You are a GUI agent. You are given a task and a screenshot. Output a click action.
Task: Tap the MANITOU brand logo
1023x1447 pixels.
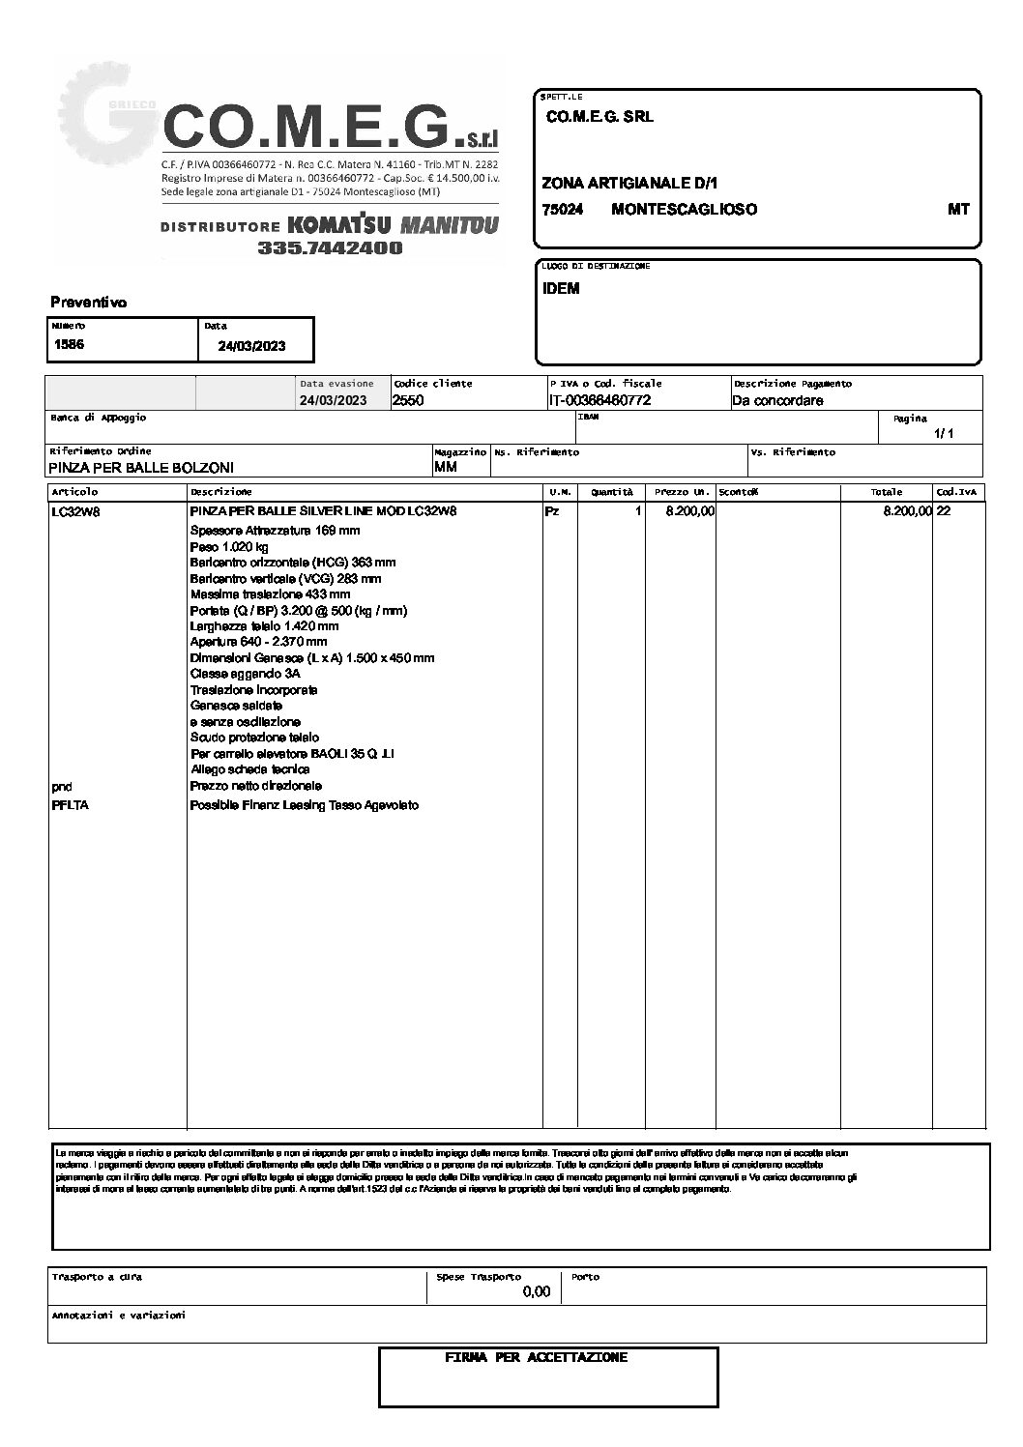click(448, 225)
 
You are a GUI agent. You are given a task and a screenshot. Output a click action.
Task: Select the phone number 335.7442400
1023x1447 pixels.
click(330, 248)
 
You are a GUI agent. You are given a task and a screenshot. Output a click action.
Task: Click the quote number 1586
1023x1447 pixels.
click(69, 344)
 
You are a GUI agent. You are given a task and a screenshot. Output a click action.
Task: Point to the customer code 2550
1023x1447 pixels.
click(408, 401)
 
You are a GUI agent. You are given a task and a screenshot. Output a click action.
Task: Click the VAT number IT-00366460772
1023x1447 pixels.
click(599, 401)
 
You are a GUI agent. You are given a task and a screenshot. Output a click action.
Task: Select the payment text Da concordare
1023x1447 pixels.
click(777, 401)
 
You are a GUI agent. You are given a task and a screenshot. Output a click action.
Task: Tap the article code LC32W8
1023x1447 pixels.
click(75, 512)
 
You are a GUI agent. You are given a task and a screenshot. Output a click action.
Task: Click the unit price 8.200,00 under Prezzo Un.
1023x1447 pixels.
click(689, 511)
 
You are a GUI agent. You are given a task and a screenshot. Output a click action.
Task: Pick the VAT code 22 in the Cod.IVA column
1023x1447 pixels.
click(944, 511)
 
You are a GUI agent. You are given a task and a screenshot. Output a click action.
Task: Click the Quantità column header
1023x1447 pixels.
click(612, 492)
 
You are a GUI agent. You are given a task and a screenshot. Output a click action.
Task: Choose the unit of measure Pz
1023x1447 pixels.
click(552, 511)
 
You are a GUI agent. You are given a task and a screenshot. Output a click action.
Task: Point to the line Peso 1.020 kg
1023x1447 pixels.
click(229, 547)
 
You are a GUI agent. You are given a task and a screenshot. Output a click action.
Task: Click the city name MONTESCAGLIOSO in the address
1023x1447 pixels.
click(684, 210)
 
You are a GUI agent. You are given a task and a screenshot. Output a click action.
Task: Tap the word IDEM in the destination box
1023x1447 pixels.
click(561, 289)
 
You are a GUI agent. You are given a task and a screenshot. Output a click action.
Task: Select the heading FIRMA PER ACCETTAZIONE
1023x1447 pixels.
click(536, 1358)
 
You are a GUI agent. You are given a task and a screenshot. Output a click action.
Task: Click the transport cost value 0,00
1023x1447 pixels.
click(536, 1292)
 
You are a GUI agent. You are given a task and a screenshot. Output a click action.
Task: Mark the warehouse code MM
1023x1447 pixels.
click(446, 468)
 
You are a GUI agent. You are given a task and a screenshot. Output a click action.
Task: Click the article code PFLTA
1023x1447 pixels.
click(70, 805)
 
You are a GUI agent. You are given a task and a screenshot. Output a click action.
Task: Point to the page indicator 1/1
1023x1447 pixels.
click(944, 434)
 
